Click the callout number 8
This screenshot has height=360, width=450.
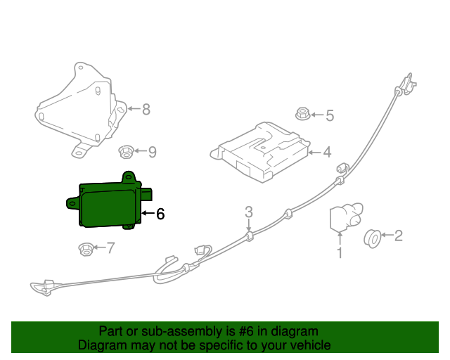click(146, 109)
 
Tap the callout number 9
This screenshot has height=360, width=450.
click(152, 151)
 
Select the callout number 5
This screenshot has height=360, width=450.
click(328, 115)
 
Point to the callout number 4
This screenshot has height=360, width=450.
click(326, 152)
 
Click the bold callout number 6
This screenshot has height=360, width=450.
click(160, 214)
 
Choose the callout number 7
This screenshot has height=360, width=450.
click(110, 247)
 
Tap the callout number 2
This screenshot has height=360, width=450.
click(398, 236)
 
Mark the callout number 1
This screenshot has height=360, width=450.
click(340, 252)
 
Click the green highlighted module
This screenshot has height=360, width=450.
click(109, 202)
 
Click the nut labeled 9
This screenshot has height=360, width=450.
click(126, 150)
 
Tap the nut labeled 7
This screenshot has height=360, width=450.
click(85, 247)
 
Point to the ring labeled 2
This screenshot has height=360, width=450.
click(372, 238)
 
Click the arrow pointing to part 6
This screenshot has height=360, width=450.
click(146, 213)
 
